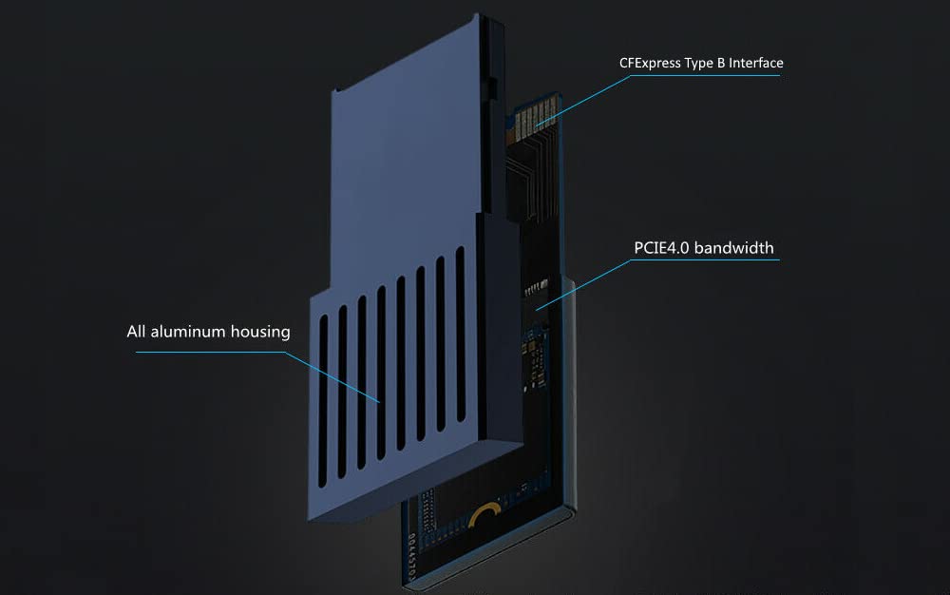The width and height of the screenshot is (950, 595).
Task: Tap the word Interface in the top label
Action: click(x=754, y=64)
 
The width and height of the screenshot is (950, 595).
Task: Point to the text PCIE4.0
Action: click(x=664, y=249)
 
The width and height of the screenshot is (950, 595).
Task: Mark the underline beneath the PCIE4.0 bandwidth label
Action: click(x=703, y=261)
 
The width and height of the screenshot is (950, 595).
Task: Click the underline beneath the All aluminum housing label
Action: click(x=209, y=352)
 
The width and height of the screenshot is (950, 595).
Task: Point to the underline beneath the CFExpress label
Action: click(x=703, y=76)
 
